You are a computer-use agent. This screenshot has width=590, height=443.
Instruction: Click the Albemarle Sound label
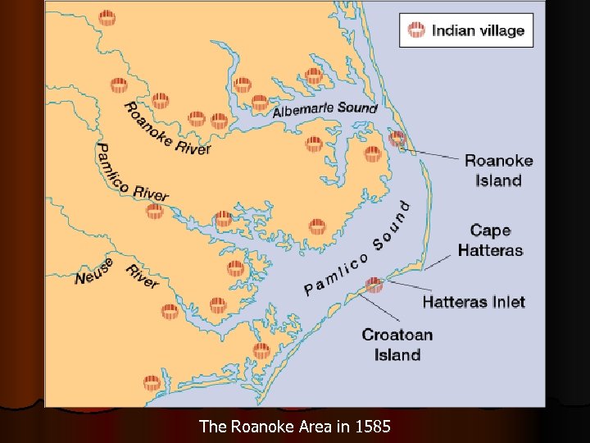point(324,109)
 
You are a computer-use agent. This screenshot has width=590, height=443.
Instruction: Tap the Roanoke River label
point(166,129)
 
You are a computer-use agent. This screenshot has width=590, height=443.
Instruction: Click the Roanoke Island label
point(498,171)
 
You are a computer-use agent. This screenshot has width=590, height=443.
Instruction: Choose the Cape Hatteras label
point(490,240)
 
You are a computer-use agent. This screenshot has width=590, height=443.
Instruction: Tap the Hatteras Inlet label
point(474,302)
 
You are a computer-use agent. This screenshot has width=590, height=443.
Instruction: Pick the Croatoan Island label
point(397,345)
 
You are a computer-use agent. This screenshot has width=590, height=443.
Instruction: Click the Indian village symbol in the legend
point(416,31)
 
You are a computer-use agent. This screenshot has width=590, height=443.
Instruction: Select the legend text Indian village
point(478,31)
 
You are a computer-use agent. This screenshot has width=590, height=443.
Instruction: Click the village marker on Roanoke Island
point(397,139)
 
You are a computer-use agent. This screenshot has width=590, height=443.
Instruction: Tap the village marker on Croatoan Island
point(374,285)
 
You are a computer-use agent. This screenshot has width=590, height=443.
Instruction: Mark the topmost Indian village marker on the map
point(107,18)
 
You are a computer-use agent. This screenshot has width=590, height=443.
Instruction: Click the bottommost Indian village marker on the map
point(152,383)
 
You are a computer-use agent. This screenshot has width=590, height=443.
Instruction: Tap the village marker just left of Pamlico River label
point(155,212)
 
